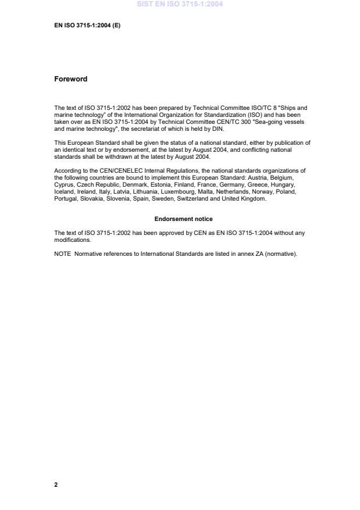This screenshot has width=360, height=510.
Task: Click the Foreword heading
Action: [70, 79]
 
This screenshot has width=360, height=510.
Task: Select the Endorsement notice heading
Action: [183, 219]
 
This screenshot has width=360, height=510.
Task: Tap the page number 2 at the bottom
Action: [56, 484]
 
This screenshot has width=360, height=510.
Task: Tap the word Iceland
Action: [64, 191]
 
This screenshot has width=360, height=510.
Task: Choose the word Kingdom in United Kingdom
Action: [254, 199]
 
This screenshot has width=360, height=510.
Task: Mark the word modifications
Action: [72, 240]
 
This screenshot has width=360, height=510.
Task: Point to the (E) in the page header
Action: [116, 26]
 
